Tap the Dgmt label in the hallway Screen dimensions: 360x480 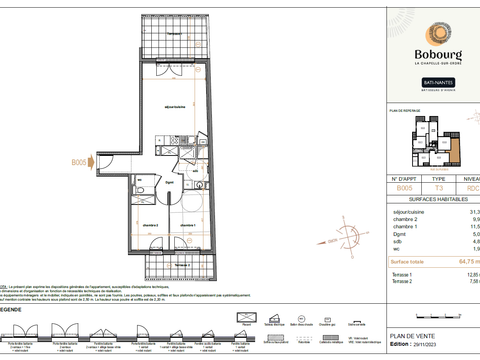[171, 184]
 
